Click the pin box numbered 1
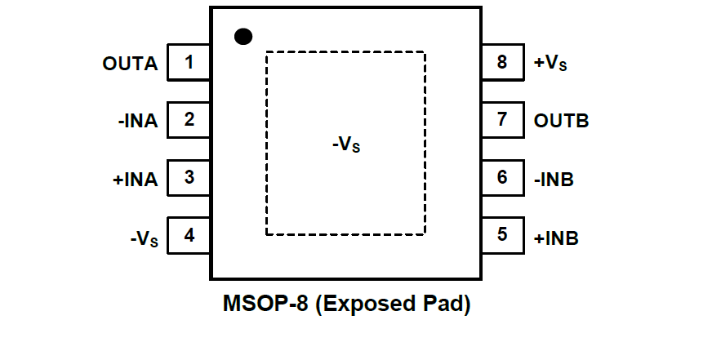tap(189, 62)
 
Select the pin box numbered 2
tap(189, 120)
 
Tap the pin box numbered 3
tap(189, 177)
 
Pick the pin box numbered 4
tap(189, 236)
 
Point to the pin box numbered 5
tap(501, 235)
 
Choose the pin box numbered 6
tap(501, 177)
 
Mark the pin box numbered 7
tap(501, 120)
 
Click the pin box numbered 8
tap(501, 62)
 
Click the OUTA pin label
tap(131, 63)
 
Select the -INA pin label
tap(137, 121)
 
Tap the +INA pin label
tap(136, 179)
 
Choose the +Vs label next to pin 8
tap(550, 64)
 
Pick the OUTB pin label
tap(562, 121)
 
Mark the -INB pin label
tap(554, 179)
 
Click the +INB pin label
tap(556, 238)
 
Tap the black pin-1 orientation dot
tap(243, 36)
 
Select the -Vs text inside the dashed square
tap(346, 145)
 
